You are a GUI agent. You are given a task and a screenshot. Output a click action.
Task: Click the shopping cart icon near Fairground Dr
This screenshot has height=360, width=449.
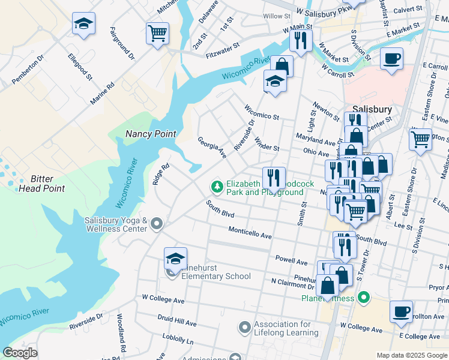pos(157,32)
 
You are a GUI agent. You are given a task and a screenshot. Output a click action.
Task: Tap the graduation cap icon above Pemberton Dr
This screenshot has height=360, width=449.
pos(83,24)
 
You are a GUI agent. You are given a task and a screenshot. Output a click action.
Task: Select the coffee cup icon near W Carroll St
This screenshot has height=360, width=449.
pos(391,59)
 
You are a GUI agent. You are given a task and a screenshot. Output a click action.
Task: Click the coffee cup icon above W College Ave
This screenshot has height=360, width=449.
pos(401,311)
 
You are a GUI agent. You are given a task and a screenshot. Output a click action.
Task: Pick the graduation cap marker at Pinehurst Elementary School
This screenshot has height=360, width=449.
pos(175,259)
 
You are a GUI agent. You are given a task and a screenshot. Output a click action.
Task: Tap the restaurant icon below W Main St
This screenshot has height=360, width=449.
pos(300,40)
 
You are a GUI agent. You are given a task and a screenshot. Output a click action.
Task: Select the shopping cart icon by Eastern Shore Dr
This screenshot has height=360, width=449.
pos(421,139)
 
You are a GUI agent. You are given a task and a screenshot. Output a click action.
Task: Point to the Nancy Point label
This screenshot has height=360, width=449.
pos(150,134)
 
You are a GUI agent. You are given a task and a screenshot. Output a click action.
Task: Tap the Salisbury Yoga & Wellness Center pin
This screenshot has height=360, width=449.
pos(157,224)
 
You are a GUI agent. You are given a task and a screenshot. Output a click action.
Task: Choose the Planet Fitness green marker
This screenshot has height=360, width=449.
pos(363,297)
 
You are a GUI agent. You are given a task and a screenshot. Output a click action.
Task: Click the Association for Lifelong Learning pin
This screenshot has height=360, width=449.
pos(244,328)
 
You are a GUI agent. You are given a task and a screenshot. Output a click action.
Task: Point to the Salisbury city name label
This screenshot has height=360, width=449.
pos(372,109)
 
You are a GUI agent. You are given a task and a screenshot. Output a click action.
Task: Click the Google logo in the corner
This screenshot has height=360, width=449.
pos(20,352)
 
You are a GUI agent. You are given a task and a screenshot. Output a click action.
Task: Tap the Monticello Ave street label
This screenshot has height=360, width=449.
pos(250,233)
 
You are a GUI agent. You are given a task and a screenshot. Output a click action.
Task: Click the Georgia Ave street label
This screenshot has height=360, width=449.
pos(212,148)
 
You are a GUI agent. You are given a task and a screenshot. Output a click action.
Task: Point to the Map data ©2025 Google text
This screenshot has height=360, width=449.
pos(412,355)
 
